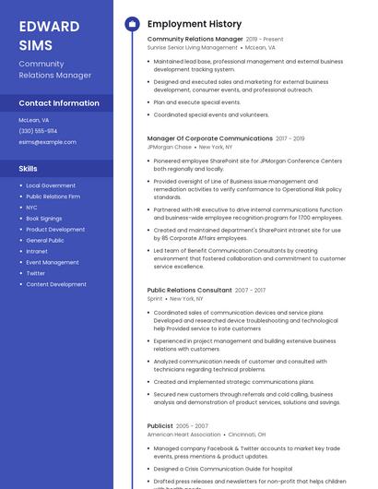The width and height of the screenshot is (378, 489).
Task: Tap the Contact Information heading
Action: [59, 103]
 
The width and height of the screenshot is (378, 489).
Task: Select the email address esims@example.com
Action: [48, 141]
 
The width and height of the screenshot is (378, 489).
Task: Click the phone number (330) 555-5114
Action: [38, 131]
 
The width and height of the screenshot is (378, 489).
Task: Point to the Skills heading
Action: [29, 169]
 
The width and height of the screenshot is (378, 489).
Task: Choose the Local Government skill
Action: [51, 185]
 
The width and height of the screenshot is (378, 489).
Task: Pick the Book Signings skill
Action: [44, 219]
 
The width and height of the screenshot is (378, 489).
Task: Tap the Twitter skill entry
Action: [35, 273]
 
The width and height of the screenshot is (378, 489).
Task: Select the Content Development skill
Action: [56, 284]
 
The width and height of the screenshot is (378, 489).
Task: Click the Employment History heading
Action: [195, 24]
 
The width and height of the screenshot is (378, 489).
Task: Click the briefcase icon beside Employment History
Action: [132, 24]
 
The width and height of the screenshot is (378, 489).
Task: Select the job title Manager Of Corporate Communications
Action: [209, 138]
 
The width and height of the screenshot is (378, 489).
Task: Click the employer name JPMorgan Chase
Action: [170, 147]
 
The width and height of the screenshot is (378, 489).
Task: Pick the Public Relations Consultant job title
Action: [189, 291]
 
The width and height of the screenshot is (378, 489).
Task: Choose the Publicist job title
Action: [159, 426]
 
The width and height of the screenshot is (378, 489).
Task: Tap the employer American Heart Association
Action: [184, 434]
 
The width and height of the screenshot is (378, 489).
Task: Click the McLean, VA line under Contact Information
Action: [34, 120]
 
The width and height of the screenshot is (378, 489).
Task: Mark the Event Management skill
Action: [53, 262]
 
